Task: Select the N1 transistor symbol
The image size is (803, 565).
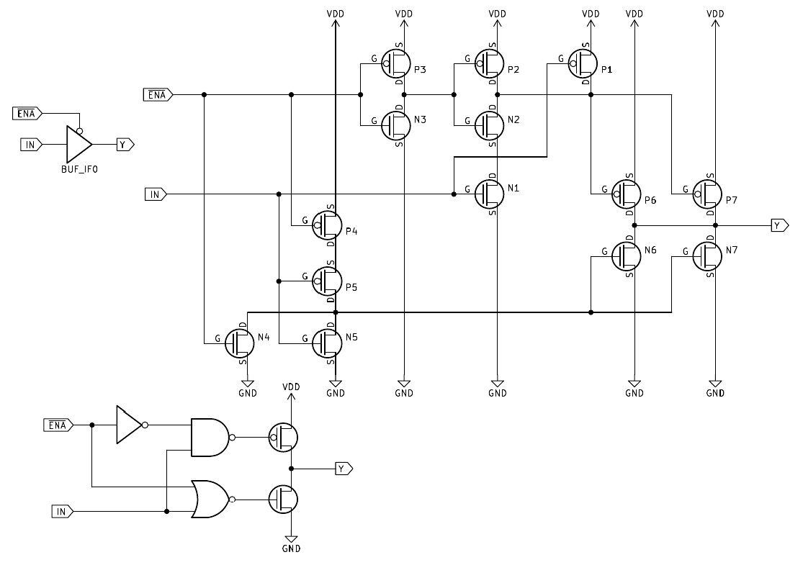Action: click(x=490, y=192)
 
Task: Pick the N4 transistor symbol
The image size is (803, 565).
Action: click(x=240, y=343)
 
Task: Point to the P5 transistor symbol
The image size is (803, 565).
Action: click(x=327, y=281)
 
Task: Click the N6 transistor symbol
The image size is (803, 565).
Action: click(x=627, y=256)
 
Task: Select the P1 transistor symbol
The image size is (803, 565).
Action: click(x=583, y=64)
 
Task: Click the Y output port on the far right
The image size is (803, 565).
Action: click(x=780, y=225)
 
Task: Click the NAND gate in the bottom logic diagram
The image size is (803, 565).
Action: click(x=209, y=437)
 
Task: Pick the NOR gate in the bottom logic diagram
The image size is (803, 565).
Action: click(x=210, y=499)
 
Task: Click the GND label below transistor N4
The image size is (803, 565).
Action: click(x=248, y=393)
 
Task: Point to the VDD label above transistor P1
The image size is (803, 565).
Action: click(x=591, y=14)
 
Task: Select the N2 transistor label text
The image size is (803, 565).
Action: click(x=513, y=119)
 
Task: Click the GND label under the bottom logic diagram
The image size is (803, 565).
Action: click(x=291, y=548)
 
